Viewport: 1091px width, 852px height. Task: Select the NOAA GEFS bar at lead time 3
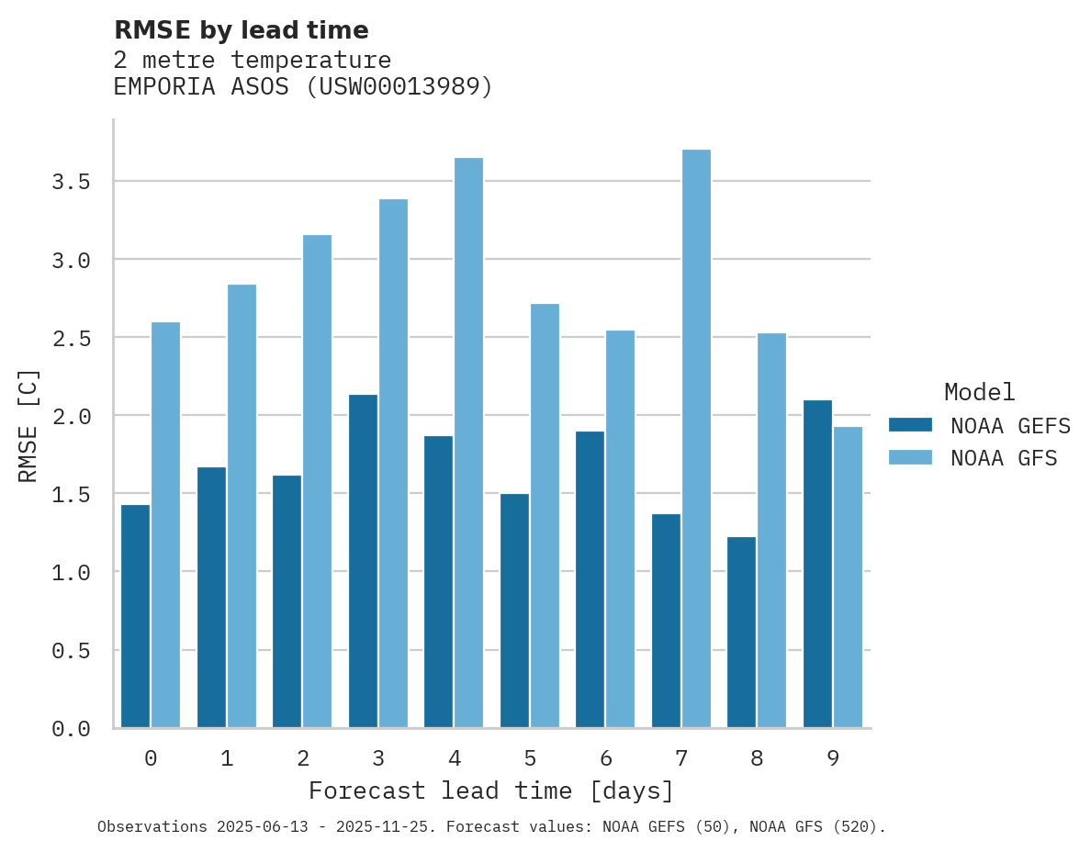363,561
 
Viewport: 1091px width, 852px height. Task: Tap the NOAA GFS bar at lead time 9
848,577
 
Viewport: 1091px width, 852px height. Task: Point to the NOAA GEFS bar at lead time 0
135,616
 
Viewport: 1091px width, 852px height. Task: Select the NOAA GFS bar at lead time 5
545,515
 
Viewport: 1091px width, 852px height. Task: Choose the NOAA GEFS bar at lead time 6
590,579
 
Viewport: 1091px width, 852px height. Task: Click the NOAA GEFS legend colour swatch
910,425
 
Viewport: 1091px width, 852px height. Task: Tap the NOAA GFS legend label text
1004,458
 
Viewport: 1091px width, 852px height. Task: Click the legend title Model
979,392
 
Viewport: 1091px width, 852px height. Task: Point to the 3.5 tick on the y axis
71,182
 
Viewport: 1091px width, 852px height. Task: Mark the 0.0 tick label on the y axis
71,729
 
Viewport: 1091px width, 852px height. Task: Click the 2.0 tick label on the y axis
71,416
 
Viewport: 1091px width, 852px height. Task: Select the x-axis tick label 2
302,758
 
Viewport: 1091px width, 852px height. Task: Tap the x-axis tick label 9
832,758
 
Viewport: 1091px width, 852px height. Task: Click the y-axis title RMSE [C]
28,424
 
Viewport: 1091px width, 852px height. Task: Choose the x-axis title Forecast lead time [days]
491,790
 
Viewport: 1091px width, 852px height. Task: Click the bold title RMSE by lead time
241,30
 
